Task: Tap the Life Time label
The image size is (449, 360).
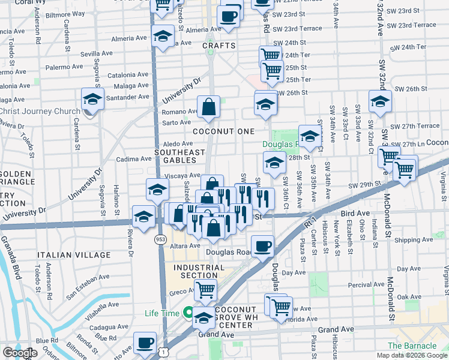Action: tap(161, 313)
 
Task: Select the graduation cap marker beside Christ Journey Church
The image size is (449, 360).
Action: tap(92, 99)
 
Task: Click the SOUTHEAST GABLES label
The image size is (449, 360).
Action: tap(180, 157)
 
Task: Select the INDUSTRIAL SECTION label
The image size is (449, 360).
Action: tap(195, 271)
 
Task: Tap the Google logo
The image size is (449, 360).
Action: tap(20, 353)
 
